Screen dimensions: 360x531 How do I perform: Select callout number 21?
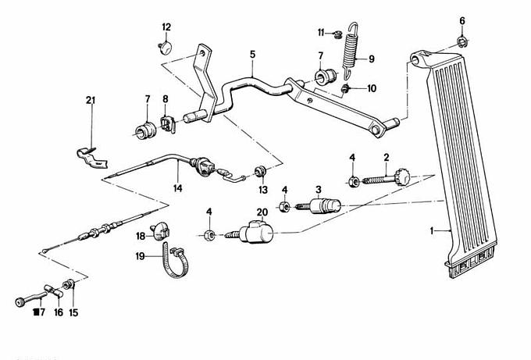[91, 99]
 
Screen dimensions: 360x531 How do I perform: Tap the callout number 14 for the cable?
[177, 188]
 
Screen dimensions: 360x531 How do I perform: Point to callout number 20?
[261, 212]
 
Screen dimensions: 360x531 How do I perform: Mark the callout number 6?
[462, 20]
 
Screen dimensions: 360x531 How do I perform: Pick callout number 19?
[141, 255]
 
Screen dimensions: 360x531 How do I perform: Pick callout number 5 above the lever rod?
[252, 55]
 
